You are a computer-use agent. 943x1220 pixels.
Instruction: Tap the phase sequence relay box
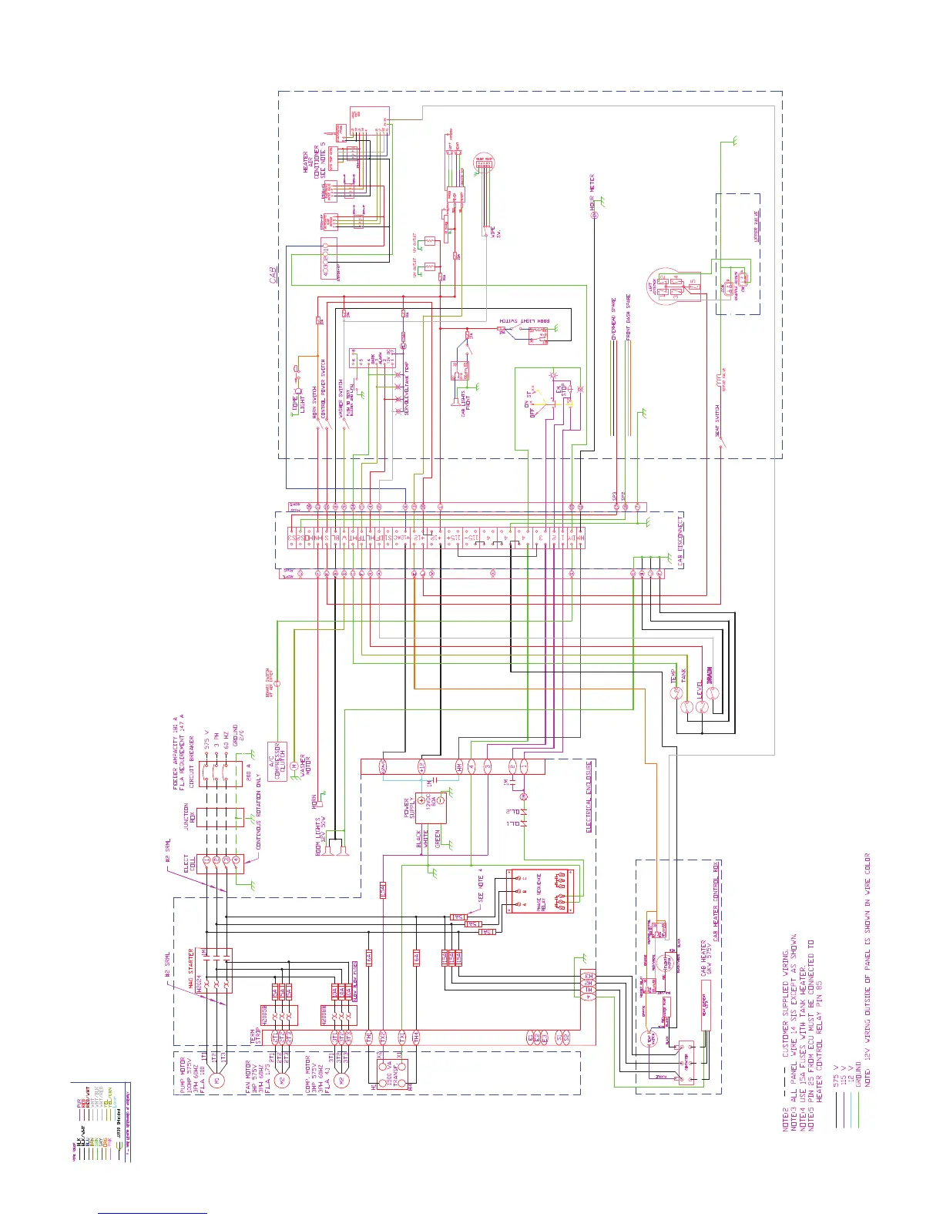540,891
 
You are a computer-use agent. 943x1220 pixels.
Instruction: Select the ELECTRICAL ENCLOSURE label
589,796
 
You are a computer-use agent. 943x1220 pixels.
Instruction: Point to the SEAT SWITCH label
716,421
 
